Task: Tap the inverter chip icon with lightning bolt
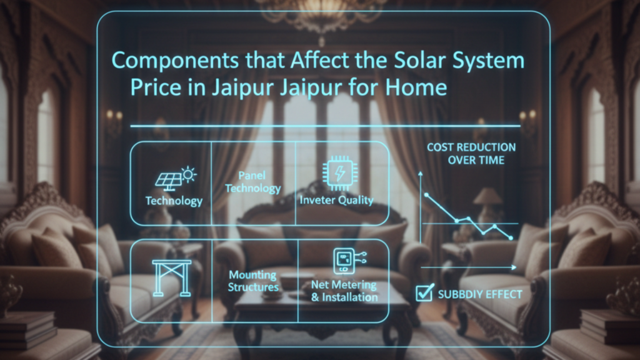pos(335,172)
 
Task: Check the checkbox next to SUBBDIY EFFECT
pos(425,292)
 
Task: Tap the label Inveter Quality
pos(336,201)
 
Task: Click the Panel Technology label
pos(252,182)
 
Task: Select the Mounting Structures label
pos(253,281)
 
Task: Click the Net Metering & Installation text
pos(344,291)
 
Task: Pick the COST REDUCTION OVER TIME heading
pos(471,154)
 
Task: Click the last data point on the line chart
pos(511,238)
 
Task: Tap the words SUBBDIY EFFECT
pos(479,294)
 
